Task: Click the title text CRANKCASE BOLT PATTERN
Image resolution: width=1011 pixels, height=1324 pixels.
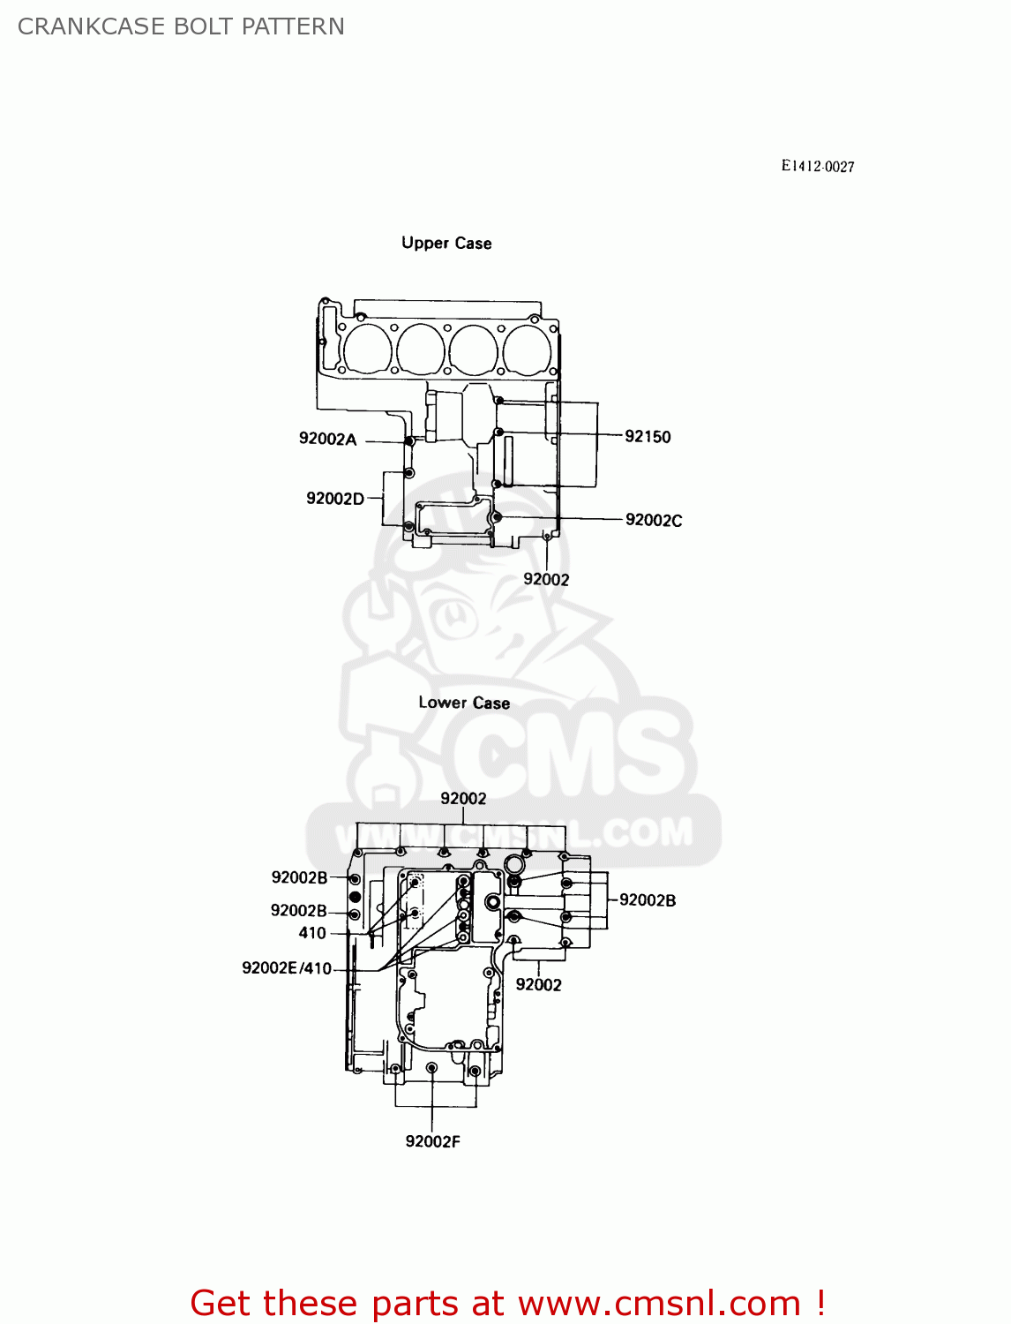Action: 181,26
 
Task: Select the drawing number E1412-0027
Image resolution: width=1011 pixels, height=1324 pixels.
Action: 817,166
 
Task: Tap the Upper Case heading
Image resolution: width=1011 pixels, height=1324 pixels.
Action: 446,243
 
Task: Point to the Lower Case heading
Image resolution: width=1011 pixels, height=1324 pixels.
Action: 464,703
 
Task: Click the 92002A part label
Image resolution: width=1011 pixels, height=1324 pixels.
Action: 327,439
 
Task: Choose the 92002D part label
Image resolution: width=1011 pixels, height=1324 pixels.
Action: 334,499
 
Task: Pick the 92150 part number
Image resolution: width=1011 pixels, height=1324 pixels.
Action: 648,436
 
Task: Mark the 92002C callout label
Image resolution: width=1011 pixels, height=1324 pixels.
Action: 653,520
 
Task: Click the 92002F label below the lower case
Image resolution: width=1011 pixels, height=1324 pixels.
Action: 432,1141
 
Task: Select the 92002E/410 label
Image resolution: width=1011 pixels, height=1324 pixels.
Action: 287,968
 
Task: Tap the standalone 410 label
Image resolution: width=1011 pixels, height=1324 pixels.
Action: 312,933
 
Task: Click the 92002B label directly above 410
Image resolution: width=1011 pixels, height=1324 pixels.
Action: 298,911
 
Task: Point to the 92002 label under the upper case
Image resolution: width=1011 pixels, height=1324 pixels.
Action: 546,579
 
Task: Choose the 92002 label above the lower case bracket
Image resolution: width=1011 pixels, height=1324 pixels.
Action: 463,798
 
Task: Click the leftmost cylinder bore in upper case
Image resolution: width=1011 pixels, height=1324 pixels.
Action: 367,349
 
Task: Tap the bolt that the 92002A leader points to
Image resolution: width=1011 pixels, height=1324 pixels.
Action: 409,440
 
